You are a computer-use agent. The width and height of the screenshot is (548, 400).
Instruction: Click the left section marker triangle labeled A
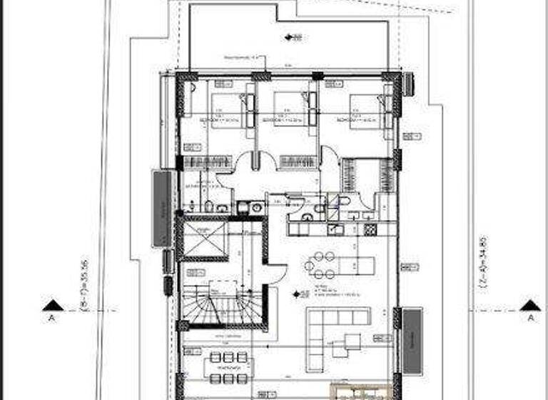[51, 306]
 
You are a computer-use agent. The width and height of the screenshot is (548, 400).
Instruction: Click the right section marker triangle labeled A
[529, 306]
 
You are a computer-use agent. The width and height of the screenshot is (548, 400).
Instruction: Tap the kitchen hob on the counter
[370, 229]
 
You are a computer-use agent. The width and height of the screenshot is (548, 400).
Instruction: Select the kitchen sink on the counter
[335, 229]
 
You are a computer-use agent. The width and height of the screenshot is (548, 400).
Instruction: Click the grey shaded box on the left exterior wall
[162, 208]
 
